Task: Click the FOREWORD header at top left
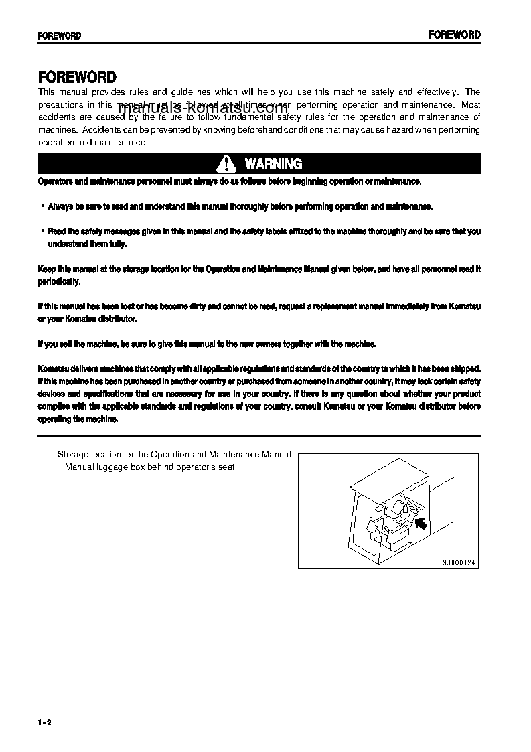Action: pyautogui.click(x=59, y=35)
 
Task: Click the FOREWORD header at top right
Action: pyautogui.click(x=455, y=35)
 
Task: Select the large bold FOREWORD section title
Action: pyautogui.click(x=77, y=78)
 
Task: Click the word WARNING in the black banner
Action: pyautogui.click(x=273, y=164)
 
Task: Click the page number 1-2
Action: pyautogui.click(x=45, y=722)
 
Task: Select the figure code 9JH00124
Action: pyautogui.click(x=459, y=563)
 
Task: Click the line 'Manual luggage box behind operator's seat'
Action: pyautogui.click(x=149, y=467)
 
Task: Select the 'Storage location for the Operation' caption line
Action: pyautogui.click(x=175, y=454)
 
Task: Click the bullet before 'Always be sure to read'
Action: pyautogui.click(x=42, y=206)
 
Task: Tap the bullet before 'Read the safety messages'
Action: pyautogui.click(x=42, y=231)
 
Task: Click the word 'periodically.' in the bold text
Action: pyautogui.click(x=59, y=282)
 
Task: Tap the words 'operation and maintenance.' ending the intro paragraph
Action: pyautogui.click(x=92, y=143)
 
